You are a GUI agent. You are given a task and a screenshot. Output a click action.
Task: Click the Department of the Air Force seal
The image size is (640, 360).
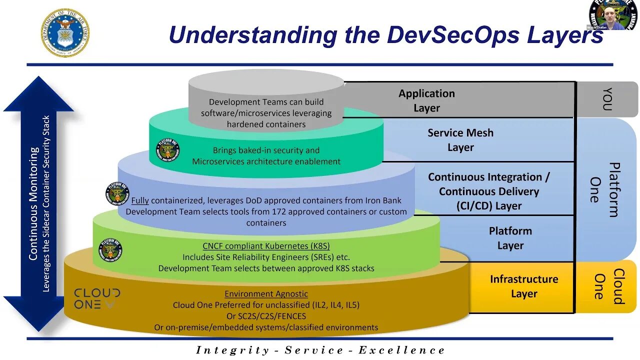click(x=65, y=32)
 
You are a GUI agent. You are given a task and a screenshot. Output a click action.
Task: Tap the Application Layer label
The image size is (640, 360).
click(x=426, y=100)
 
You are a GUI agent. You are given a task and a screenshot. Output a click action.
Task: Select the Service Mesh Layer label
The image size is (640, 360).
click(x=460, y=140)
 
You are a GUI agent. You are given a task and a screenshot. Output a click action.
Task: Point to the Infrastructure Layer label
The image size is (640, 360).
click(x=523, y=286)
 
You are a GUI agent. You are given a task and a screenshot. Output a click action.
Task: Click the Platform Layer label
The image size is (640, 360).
click(x=510, y=238)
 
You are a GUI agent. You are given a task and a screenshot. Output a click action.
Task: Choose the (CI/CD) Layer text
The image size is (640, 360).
click(x=488, y=206)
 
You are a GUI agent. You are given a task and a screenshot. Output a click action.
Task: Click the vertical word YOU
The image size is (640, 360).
click(x=607, y=99)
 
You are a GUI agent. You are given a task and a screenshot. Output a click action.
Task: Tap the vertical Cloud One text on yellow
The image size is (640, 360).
click(x=608, y=286)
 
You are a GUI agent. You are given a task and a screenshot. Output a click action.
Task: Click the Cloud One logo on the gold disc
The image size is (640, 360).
click(x=97, y=298)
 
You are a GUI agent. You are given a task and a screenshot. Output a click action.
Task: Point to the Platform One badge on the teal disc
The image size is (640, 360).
click(x=168, y=149)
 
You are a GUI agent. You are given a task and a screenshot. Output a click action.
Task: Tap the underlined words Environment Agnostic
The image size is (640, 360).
click(x=266, y=294)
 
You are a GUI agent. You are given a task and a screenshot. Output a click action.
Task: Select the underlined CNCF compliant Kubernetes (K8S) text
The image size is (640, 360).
click(x=266, y=246)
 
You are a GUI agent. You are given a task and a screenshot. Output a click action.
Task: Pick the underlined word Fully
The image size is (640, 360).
click(x=140, y=200)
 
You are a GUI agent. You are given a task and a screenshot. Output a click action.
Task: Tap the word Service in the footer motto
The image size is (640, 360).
click(x=313, y=350)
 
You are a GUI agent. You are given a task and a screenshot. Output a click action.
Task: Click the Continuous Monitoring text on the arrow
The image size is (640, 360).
click(x=33, y=203)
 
